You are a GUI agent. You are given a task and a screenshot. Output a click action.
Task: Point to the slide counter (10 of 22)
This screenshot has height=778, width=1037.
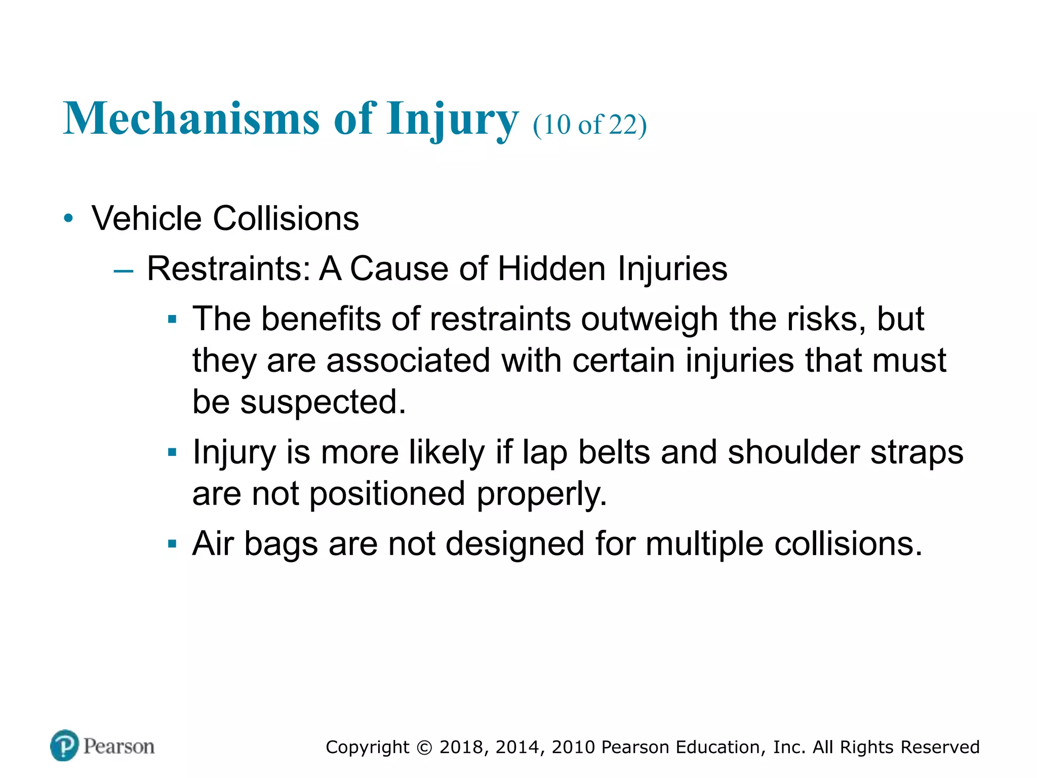coord(590,125)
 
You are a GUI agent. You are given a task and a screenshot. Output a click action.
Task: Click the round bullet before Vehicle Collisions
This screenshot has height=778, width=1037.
coord(68,219)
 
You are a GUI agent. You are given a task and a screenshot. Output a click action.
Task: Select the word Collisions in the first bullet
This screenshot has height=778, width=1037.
coord(286,219)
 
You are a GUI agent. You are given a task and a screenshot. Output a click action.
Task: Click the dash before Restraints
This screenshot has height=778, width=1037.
coord(124,271)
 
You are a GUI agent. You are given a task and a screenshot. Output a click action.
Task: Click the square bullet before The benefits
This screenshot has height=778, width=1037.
coord(172,320)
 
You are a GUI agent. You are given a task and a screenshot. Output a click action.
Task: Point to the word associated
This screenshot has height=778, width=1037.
coord(408,361)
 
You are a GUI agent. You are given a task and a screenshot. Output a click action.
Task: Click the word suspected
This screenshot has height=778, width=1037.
coord(323,402)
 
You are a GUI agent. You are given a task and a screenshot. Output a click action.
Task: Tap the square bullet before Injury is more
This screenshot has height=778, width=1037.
coord(172,452)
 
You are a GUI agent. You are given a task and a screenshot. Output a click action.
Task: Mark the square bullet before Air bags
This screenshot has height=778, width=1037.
coord(172,544)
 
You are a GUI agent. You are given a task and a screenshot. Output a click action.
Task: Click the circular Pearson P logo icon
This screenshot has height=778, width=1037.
coord(64,746)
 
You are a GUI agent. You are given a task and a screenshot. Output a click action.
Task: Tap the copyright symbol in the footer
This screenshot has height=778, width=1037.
coord(424,748)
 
